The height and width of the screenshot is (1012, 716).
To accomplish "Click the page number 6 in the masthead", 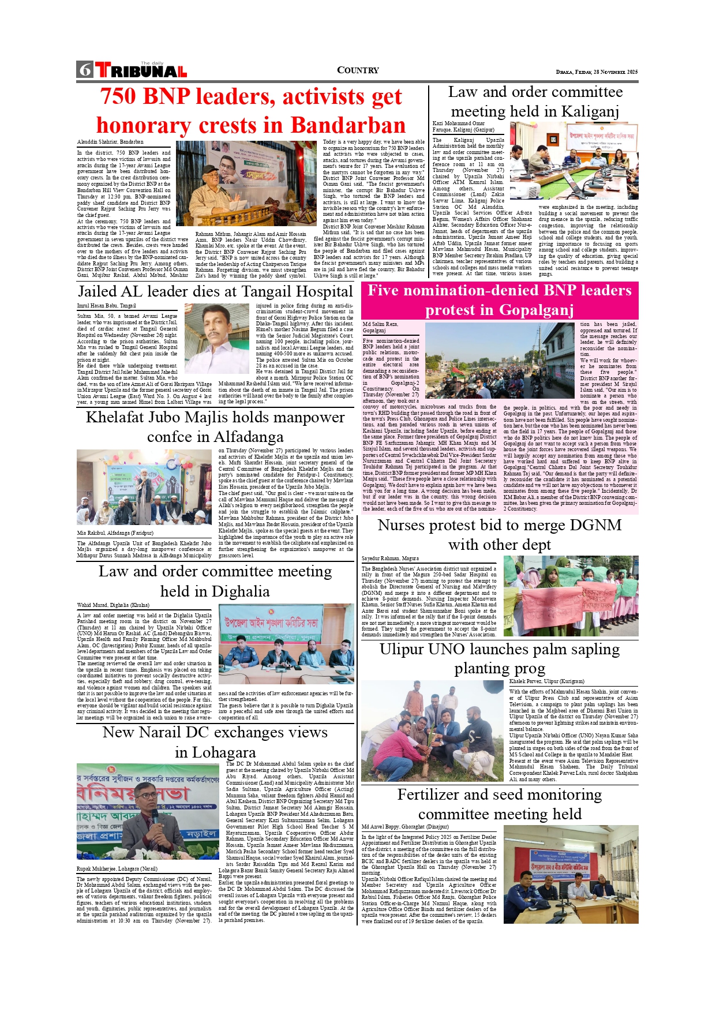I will tap(85, 70).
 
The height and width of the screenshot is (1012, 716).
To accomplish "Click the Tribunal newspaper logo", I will tap(141, 70).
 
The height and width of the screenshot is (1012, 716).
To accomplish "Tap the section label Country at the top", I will tap(358, 70).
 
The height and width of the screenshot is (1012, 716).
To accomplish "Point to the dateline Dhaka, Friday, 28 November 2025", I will tap(597, 72).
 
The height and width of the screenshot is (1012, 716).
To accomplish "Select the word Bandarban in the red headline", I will tap(348, 125).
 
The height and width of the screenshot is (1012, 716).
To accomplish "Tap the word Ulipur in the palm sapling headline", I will tap(402, 649).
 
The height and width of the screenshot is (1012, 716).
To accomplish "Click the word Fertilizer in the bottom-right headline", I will tap(429, 794).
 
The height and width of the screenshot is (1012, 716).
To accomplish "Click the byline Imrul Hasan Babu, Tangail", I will tap(107, 306).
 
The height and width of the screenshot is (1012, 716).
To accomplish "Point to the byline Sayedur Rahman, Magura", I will tap(390, 559).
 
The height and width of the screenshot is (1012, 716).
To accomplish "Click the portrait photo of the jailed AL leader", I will tap(216, 339).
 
